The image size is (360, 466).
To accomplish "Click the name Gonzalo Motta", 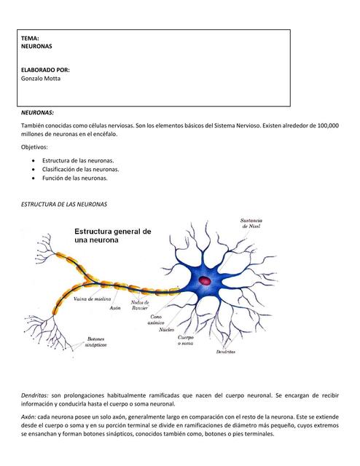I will tap(42, 79).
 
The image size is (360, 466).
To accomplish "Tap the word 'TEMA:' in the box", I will tap(30, 37).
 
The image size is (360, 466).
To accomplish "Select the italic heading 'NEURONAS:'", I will tap(37, 113).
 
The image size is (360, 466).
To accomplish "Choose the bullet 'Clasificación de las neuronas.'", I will tap(80, 169).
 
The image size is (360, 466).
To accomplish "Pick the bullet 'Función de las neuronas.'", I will tap(74, 178).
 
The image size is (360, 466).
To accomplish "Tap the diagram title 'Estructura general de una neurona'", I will tap(112, 237).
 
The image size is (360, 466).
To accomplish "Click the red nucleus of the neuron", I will tap(205, 280).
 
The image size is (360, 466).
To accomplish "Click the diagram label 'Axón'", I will tap(114, 308).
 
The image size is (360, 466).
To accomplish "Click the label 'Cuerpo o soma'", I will tap(186, 341).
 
